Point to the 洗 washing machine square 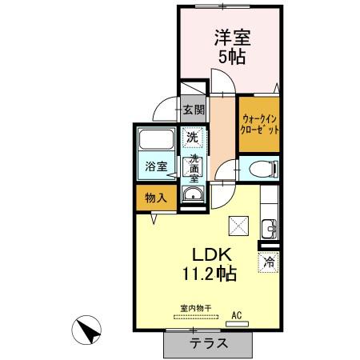pos(192,137)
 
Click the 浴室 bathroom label pos(156,166)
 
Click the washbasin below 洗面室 pos(192,197)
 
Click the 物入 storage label pos(155,198)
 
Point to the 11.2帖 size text pos(210,274)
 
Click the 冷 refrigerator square pos(268,261)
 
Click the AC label pos(237,315)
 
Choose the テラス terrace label pos(209,343)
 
